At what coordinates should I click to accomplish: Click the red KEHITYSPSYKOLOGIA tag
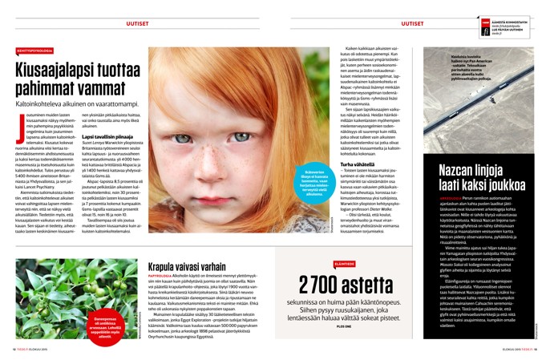pos(30,51)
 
